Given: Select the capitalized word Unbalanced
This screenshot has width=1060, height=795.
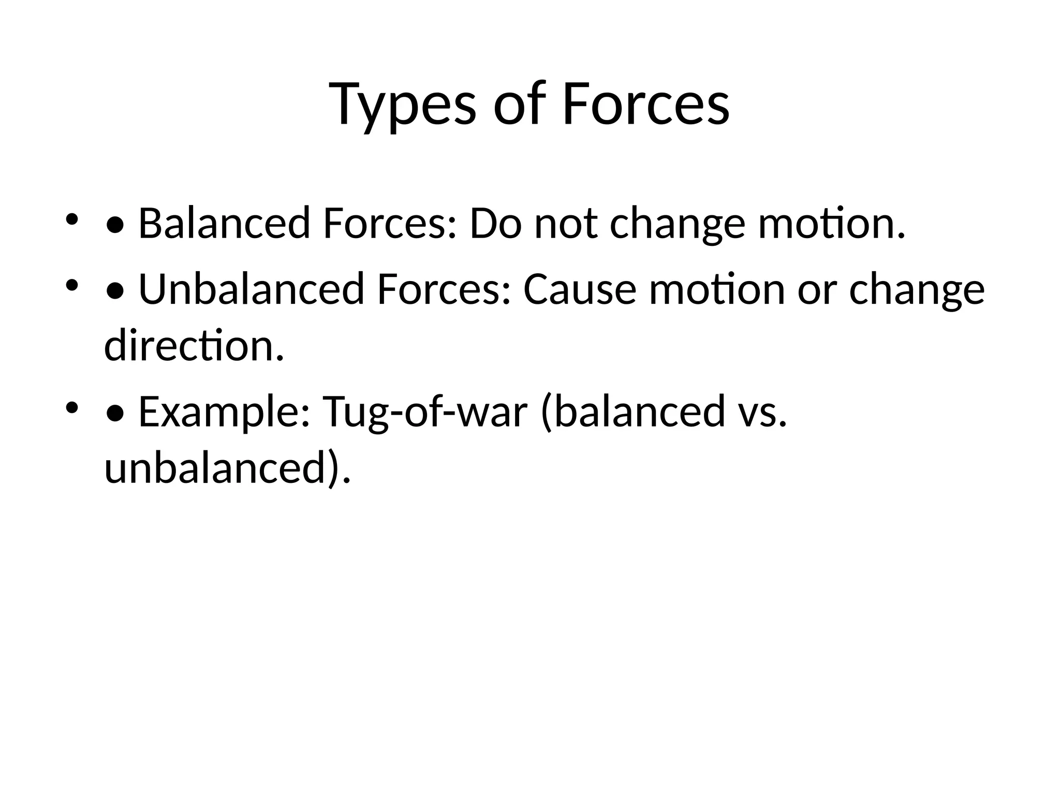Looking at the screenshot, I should click(252, 289).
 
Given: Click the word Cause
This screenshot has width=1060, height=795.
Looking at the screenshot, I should click(580, 289).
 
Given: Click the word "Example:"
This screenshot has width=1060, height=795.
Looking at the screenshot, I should click(224, 412).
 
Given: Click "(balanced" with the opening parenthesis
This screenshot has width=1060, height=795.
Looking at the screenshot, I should click(632, 412).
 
